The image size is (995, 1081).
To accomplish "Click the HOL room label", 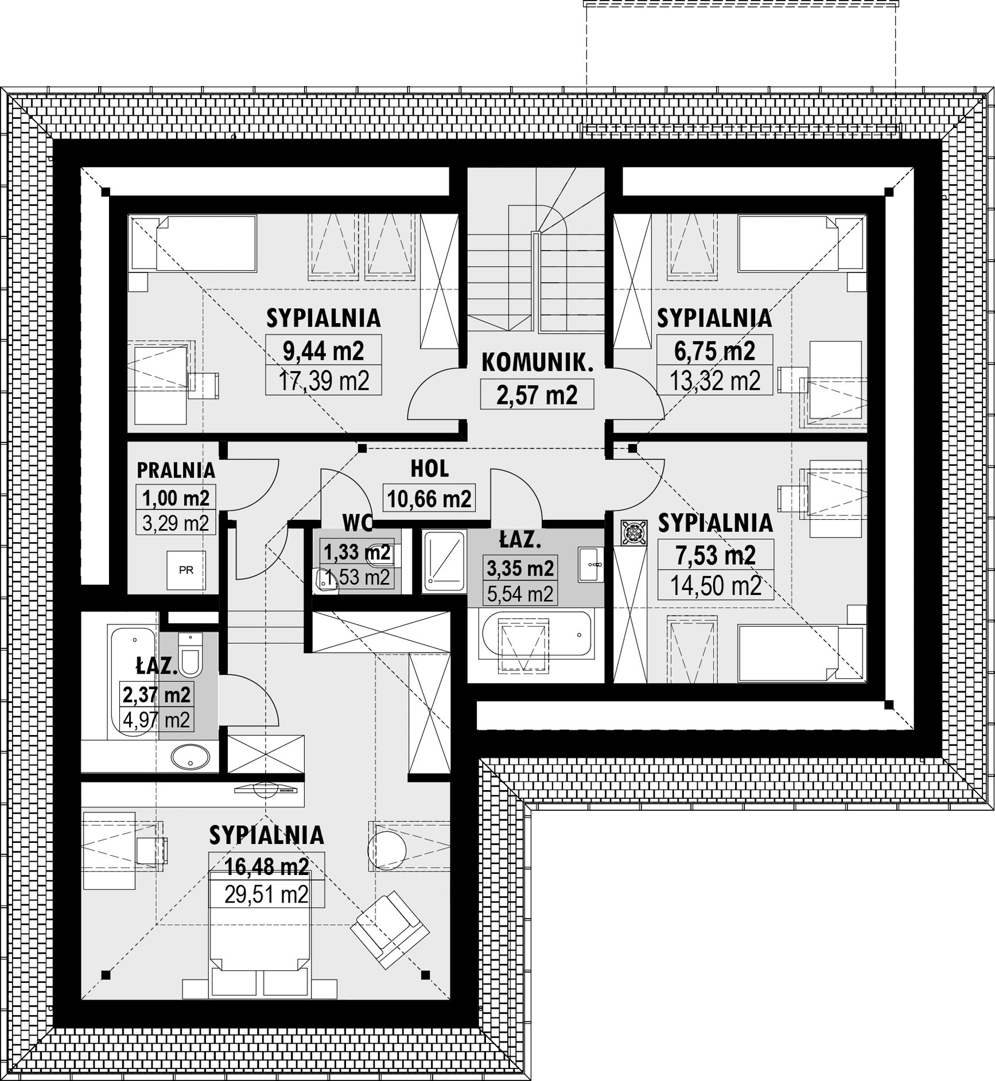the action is click(430, 469).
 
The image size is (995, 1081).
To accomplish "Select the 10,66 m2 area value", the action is click(429, 499).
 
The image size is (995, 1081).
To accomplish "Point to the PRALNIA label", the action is click(176, 470).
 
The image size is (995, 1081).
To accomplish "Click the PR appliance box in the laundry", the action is click(186, 570).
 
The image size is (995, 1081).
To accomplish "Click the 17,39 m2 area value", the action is click(324, 380).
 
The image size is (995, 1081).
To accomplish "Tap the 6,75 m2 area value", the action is click(714, 351).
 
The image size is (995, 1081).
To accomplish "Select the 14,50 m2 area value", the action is click(716, 586).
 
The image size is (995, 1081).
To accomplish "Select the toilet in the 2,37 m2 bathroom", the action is click(189, 655).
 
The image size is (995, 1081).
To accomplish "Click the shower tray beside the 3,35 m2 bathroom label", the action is click(444, 561).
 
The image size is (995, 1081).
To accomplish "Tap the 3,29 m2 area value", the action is click(176, 523).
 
